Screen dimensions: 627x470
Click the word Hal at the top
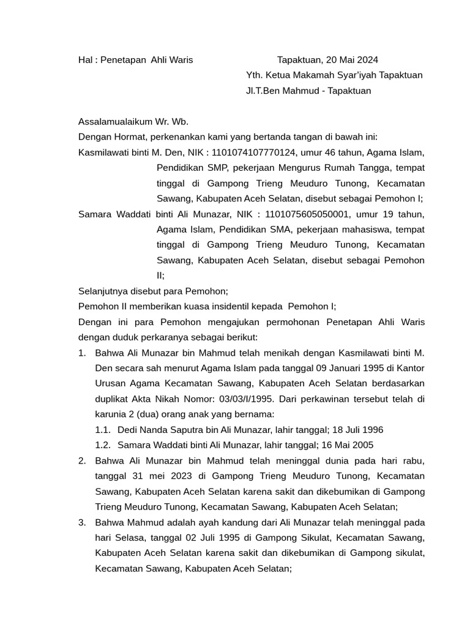click(x=86, y=60)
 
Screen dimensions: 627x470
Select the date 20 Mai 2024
click(x=352, y=60)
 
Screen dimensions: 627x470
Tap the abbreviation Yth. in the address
click(x=253, y=75)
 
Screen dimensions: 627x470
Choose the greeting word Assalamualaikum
click(x=116, y=122)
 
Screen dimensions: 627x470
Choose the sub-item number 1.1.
click(x=102, y=430)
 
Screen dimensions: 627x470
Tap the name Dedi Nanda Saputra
click(x=158, y=430)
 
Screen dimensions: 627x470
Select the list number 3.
click(x=82, y=522)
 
